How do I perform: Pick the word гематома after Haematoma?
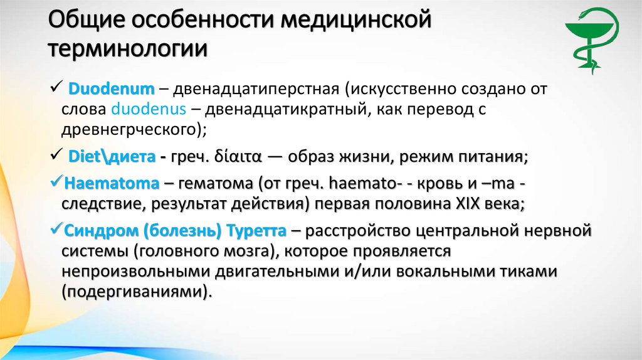pyautogui.click(x=213, y=184)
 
